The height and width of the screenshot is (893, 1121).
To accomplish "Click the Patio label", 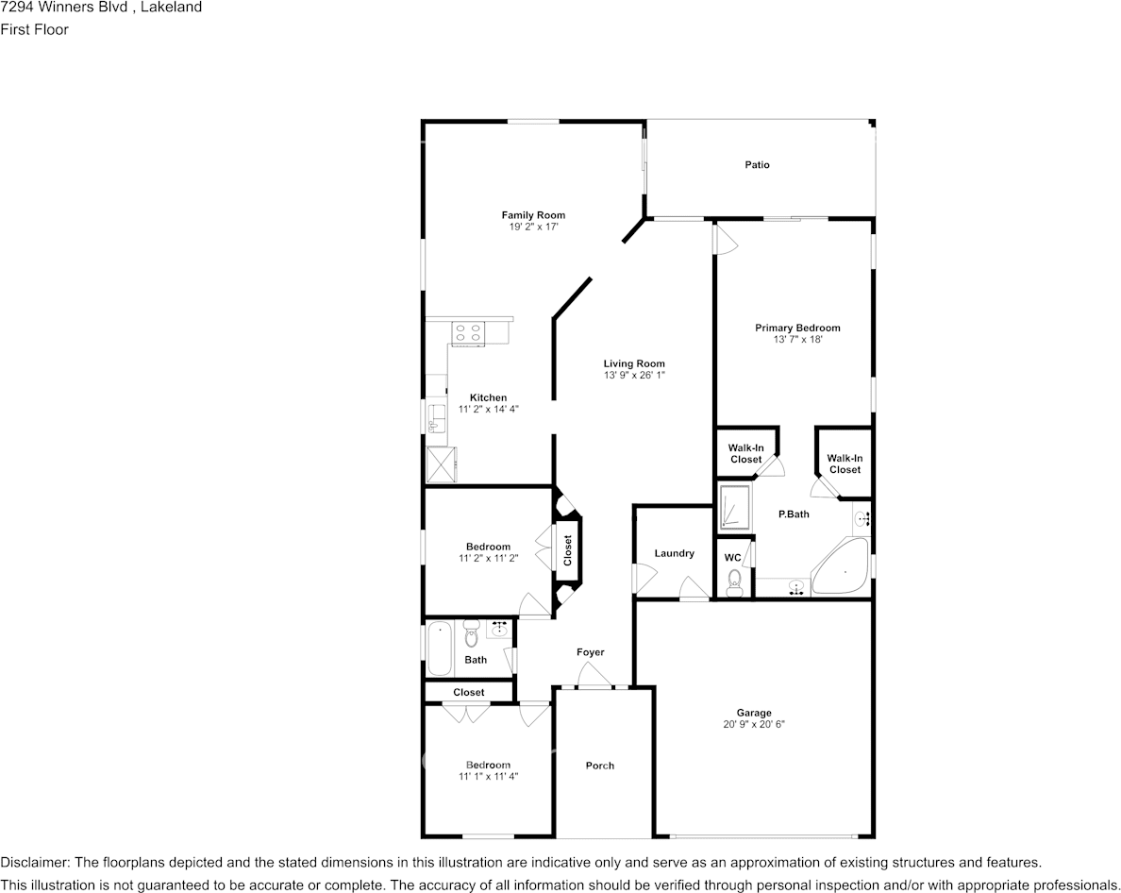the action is click(757, 165).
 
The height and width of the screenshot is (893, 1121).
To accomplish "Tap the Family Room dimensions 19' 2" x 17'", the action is click(532, 227).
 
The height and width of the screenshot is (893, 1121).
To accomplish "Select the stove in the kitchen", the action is click(468, 334).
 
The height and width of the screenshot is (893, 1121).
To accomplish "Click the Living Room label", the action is click(634, 364).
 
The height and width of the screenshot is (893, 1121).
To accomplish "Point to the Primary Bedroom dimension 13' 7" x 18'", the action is click(798, 340).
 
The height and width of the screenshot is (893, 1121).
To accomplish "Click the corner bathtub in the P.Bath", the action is click(841, 567).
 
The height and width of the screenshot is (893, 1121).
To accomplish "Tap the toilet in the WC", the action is click(734, 582).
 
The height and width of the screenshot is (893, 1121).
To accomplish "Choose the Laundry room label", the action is click(674, 553).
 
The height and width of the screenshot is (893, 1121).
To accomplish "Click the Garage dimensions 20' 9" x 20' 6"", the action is click(754, 724).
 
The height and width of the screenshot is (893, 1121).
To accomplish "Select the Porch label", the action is click(600, 766).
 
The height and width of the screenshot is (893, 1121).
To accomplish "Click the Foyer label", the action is click(591, 652).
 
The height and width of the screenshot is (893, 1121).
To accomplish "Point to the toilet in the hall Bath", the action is click(471, 633).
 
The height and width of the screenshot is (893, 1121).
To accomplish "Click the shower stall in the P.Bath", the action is click(734, 509).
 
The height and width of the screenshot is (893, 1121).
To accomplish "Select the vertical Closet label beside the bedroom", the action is click(568, 550).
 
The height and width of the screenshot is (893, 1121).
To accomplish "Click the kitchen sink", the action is click(434, 418).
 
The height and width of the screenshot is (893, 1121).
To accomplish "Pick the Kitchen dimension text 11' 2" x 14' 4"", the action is click(488, 410).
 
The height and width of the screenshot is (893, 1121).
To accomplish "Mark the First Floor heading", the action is click(34, 29).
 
